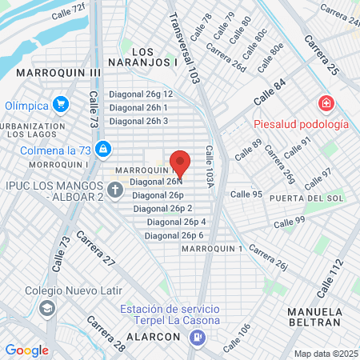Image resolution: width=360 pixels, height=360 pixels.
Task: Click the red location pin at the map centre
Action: point(180,163)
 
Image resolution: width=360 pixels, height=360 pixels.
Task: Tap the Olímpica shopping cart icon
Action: point(60,104)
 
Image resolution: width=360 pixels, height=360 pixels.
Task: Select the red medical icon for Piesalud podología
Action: point(326,104)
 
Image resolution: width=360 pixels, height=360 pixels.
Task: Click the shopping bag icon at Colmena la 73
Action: point(103,148)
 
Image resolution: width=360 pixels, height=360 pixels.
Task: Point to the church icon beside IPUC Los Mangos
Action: point(114,190)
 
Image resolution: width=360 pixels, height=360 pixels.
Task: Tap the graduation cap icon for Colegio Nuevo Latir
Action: point(47,308)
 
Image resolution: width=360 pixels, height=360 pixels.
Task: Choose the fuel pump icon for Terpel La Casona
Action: point(196,337)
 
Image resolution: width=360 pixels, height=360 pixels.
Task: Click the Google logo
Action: point(26,350)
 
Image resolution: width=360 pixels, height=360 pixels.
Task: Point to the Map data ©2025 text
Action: point(326,354)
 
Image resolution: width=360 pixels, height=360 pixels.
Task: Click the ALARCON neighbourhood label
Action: point(153,337)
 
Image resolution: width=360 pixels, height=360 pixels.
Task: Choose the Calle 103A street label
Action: point(210,168)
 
